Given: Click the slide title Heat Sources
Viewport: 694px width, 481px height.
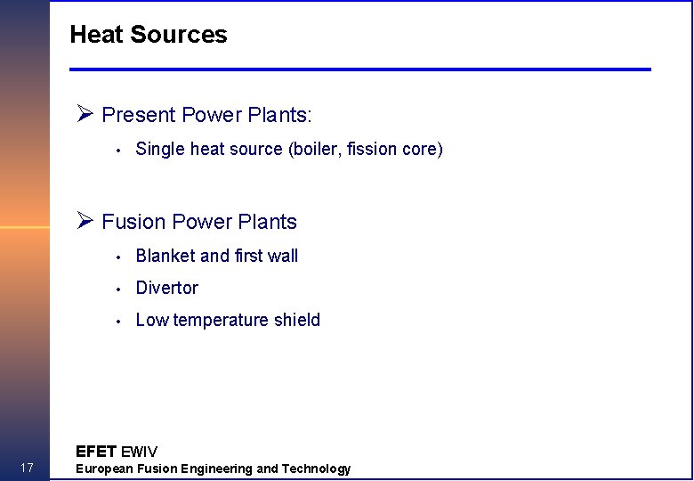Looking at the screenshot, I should pyautogui.click(x=149, y=35).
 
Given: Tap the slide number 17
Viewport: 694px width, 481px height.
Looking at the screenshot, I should pyautogui.click(x=26, y=469).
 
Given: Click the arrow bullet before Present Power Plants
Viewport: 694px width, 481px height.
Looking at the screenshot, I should pyautogui.click(x=85, y=114).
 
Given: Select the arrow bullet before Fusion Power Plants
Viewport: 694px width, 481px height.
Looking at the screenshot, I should pyautogui.click(x=85, y=221).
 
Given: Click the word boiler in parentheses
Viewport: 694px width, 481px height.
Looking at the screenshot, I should pyautogui.click(x=318, y=149).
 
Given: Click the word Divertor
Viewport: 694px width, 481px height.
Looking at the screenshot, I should pyautogui.click(x=166, y=288).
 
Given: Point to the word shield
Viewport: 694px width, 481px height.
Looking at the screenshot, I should pyautogui.click(x=297, y=320).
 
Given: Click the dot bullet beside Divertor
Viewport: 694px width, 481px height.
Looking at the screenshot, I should pyautogui.click(x=117, y=289).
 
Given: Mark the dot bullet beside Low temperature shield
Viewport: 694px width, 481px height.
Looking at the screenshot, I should pyautogui.click(x=117, y=321).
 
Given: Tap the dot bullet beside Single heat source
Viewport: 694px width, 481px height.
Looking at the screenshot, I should pyautogui.click(x=117, y=150).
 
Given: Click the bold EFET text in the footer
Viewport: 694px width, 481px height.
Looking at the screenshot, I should pyautogui.click(x=96, y=452).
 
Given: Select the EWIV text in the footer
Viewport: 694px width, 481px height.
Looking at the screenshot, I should pyautogui.click(x=139, y=452).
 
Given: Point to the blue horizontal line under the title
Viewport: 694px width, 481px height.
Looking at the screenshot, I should pyautogui.click(x=360, y=69).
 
